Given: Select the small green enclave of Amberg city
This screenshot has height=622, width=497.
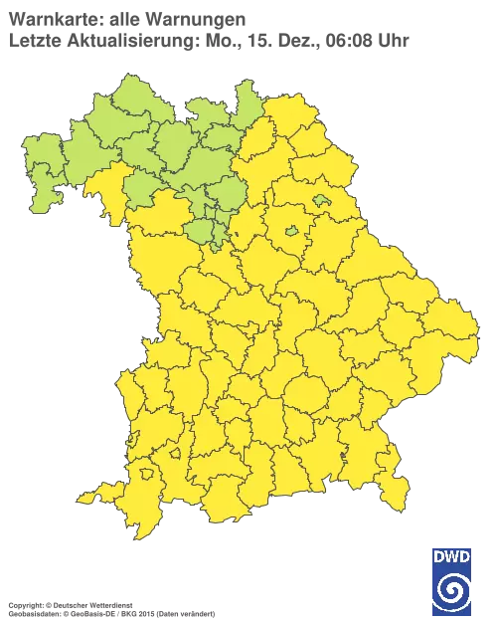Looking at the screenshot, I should coord(291,231).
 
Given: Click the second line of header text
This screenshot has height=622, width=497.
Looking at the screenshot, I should coord(209,40).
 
